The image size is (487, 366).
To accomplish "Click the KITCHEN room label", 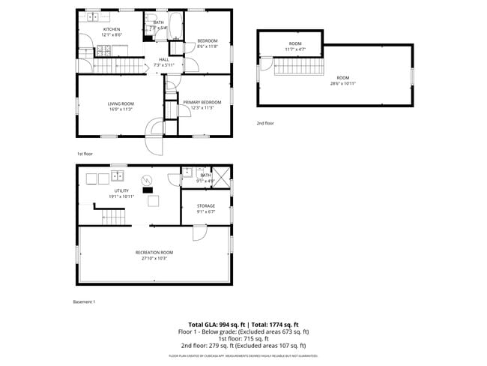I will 112,29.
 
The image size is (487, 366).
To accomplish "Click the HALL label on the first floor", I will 163,60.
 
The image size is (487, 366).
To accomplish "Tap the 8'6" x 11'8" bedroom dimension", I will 207,46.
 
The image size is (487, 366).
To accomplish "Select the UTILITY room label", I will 121,190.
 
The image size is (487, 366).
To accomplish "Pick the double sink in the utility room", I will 118,177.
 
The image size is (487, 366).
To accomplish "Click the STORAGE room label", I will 206,205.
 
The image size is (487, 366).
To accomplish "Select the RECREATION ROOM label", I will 154,252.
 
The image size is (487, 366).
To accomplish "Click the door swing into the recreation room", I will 199,233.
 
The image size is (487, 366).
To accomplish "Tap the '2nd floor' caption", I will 265,123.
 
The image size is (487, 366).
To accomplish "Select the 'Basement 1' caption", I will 84,301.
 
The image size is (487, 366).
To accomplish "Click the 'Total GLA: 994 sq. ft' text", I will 218,323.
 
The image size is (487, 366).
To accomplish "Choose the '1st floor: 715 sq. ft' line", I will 243,338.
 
